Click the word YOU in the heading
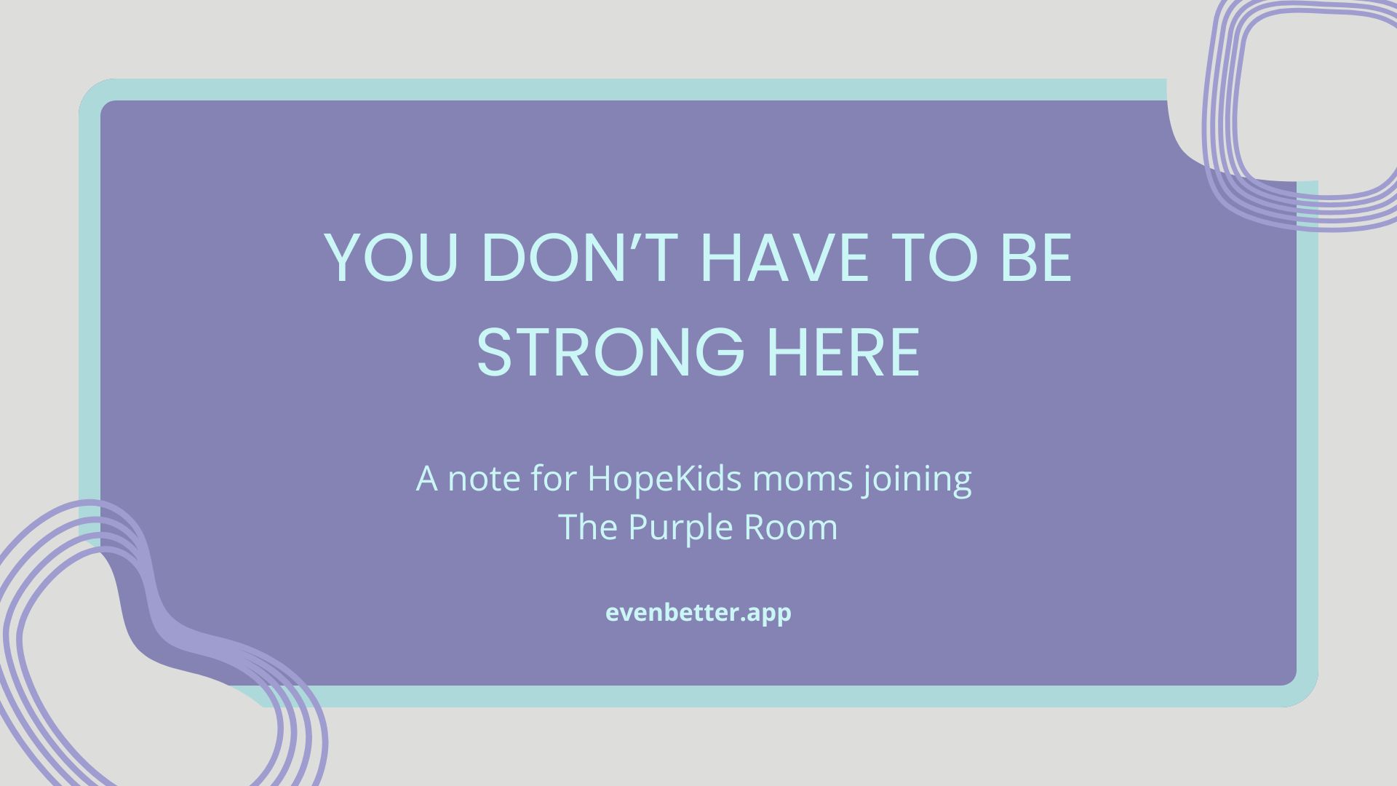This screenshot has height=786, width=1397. coord(391,258)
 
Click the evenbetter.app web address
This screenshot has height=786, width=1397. coord(698,614)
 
